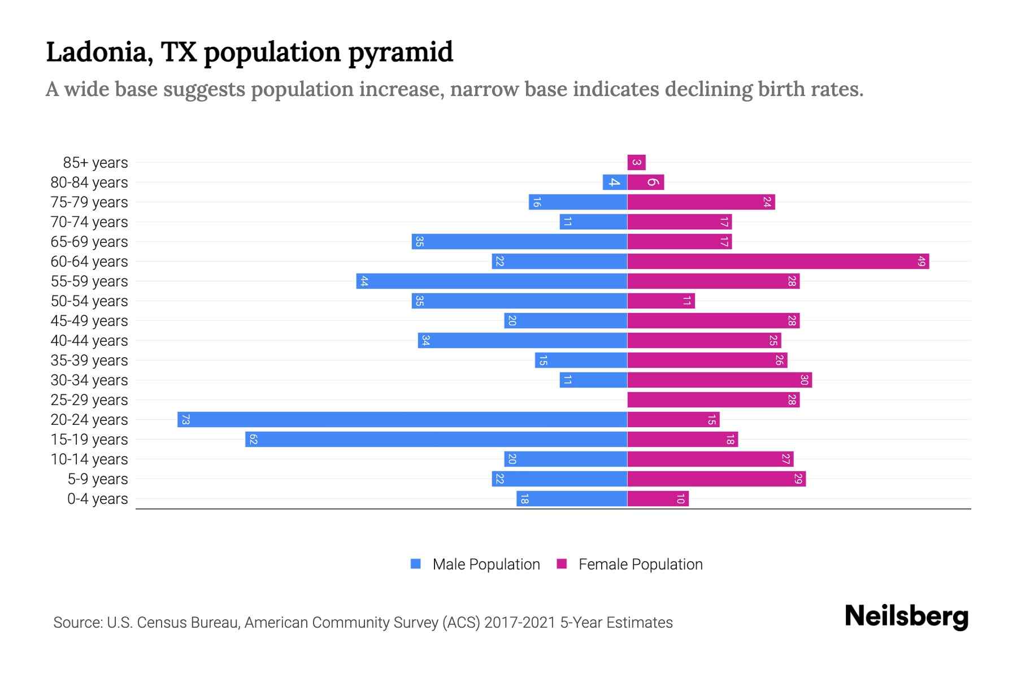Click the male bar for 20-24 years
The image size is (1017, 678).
click(402, 419)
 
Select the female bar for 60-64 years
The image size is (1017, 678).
click(778, 261)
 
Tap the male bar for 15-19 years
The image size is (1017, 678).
click(436, 439)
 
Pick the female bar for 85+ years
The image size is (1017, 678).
click(636, 162)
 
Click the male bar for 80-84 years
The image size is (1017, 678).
click(615, 182)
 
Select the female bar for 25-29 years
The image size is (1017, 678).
click(713, 399)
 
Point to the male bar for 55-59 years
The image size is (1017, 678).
click(492, 281)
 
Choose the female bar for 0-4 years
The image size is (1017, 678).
click(658, 498)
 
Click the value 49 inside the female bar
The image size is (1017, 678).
click(921, 261)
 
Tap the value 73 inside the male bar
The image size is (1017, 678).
click(185, 419)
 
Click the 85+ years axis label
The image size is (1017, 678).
click(95, 163)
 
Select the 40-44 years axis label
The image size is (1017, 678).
click(89, 341)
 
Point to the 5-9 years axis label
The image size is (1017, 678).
click(97, 479)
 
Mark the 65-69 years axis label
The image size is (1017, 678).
click(89, 242)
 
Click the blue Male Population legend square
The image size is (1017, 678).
click(416, 564)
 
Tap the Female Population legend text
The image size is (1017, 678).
click(640, 564)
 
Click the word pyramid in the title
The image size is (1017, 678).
click(400, 53)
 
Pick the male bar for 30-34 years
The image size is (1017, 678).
click(593, 380)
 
